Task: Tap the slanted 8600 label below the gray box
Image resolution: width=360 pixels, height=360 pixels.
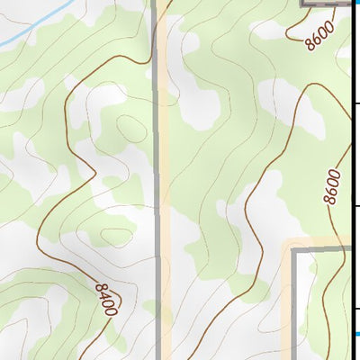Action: [x=319, y=34]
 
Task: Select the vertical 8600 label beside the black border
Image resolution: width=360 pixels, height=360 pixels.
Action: [x=334, y=186]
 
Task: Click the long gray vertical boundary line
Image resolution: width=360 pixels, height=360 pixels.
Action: [x=158, y=180]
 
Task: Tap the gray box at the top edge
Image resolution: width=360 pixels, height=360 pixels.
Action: [x=324, y=3]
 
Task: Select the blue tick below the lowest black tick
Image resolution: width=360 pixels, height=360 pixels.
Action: [x=356, y=334]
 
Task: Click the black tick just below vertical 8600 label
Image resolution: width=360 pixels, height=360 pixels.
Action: [x=356, y=207]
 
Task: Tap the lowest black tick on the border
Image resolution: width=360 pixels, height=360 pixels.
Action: [x=356, y=310]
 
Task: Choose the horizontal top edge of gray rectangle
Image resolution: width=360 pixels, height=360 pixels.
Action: [x=324, y=249]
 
